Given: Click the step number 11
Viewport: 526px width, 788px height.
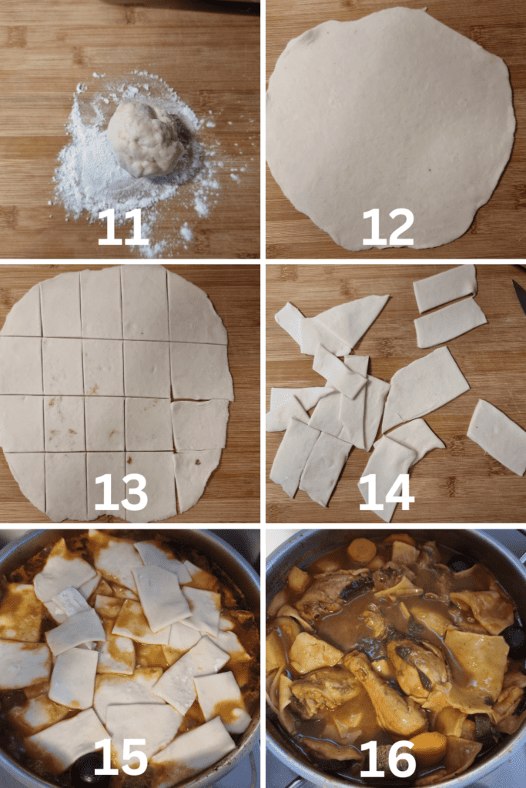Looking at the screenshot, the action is click(123, 227).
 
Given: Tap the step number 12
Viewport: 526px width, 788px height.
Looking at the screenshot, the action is click(387, 227).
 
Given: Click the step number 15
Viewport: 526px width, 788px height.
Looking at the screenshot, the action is click(121, 756).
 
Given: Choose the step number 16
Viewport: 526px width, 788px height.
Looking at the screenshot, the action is click(387, 756).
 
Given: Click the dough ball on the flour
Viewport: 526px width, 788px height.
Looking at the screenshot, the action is click(146, 139).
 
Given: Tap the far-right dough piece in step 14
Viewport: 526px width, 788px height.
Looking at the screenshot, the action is click(498, 437).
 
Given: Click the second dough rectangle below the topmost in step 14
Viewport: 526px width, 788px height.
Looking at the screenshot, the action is click(450, 322).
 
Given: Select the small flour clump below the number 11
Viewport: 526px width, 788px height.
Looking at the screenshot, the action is click(186, 232).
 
